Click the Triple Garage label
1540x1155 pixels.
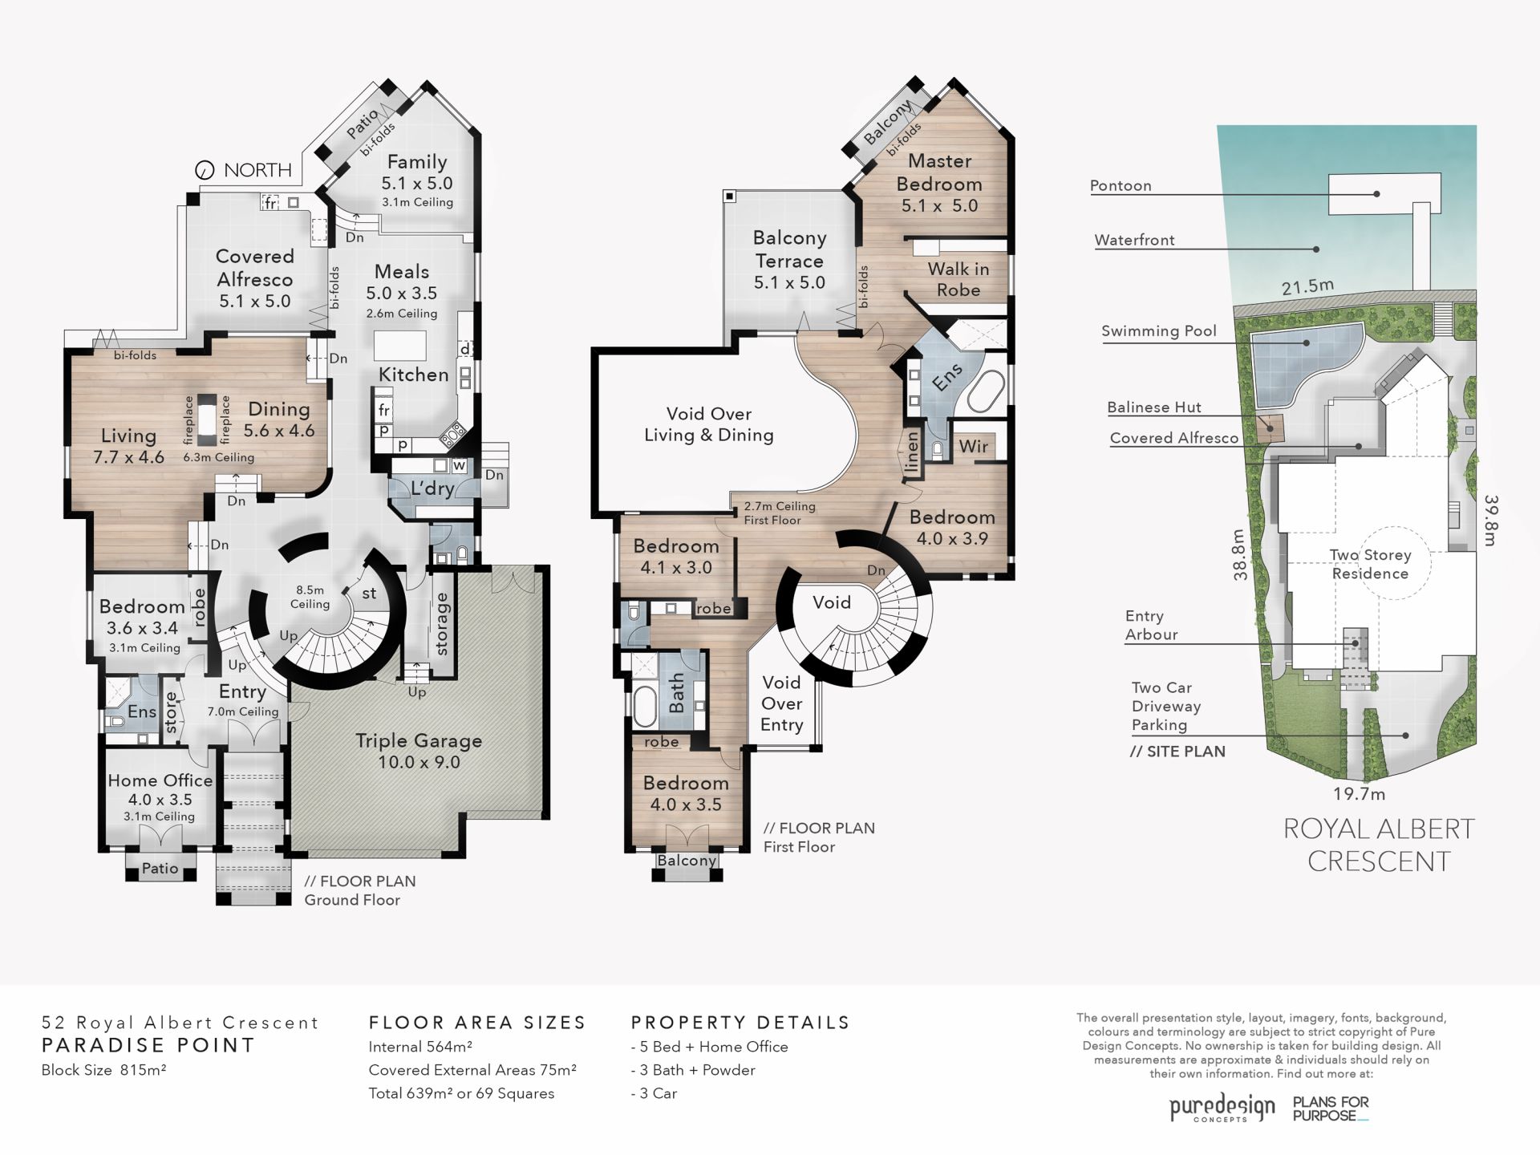point(419,741)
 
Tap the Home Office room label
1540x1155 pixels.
point(160,780)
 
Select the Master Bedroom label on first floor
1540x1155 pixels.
point(939,172)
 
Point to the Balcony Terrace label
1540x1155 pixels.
point(789,249)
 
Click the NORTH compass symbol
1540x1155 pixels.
point(205,170)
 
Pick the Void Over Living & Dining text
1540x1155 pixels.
point(709,424)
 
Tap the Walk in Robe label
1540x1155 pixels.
point(958,279)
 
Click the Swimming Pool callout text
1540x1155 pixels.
point(1158,331)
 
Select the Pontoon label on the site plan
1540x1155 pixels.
point(1121,185)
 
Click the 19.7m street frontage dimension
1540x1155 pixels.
point(1360,794)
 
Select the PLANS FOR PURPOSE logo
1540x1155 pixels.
point(1331,1108)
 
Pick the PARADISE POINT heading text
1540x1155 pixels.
point(148,1045)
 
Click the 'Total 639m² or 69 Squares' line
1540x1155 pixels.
point(461,1093)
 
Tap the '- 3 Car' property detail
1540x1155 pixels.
point(654,1093)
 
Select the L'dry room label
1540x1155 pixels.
point(432,488)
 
